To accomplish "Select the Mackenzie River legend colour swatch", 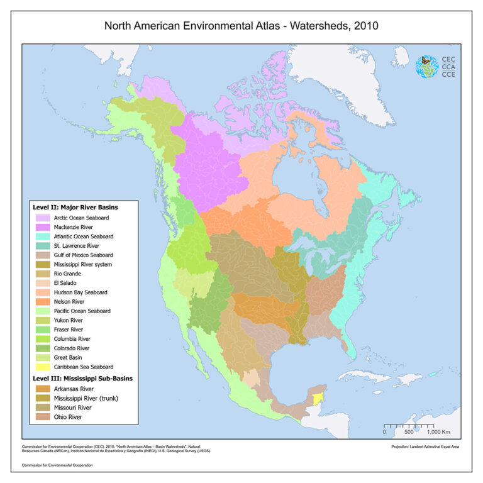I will pos(43,226).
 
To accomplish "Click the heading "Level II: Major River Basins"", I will pos(75,206).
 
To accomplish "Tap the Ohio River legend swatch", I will pos(43,416).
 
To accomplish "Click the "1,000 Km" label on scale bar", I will pos(439,432).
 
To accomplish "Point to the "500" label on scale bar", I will pos(408,432).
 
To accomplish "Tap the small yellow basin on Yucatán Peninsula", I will pos(318,398).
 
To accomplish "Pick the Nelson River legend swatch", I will pos(43,301).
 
